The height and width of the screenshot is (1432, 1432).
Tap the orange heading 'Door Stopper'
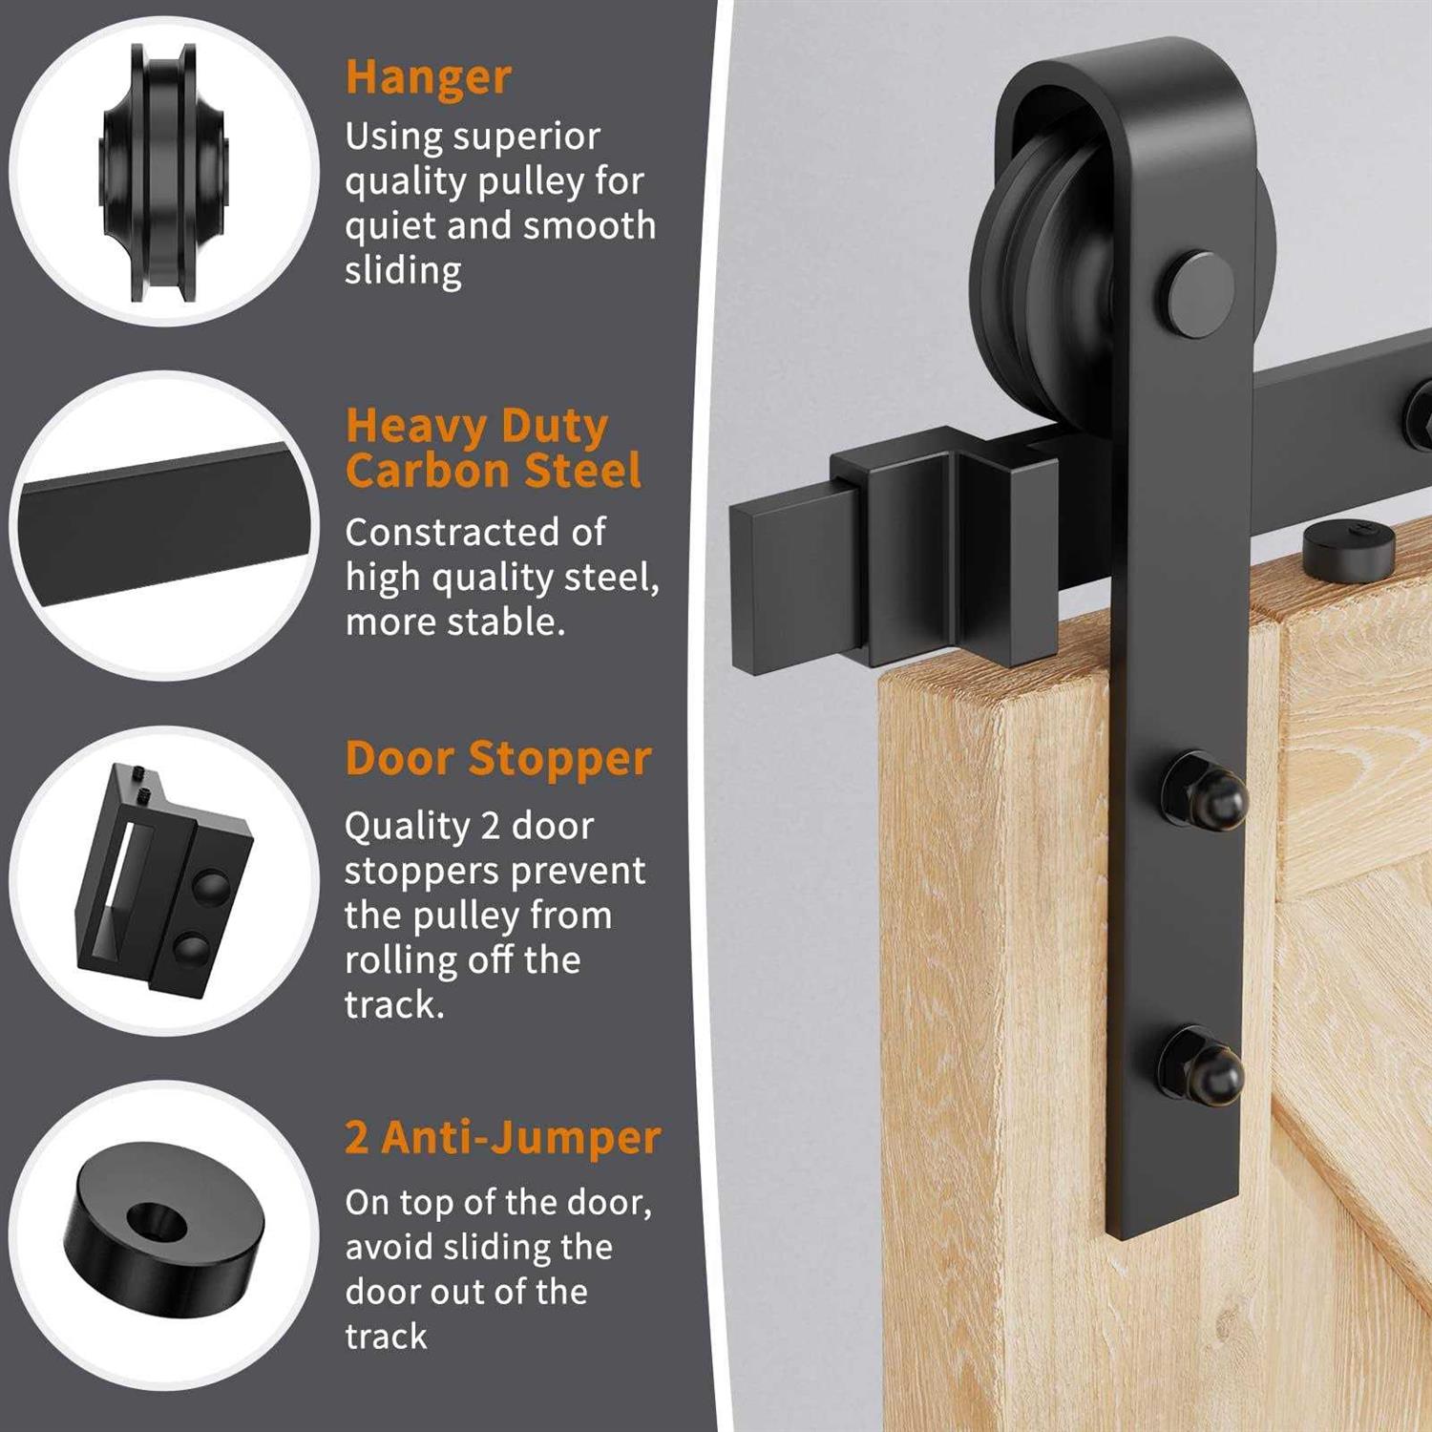coord(498,760)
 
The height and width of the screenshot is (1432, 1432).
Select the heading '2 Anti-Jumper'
coord(503,1138)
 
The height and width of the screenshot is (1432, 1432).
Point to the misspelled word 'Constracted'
coord(474,533)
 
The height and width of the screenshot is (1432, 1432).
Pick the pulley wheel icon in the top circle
coord(163,172)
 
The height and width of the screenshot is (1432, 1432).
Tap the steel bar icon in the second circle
coord(167,524)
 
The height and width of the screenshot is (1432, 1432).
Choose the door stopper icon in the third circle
coord(163,880)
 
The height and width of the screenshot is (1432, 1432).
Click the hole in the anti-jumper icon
coord(157,1218)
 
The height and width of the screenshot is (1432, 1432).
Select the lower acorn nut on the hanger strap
coord(1202,1067)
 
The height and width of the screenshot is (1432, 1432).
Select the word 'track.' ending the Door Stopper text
coord(395,1005)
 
